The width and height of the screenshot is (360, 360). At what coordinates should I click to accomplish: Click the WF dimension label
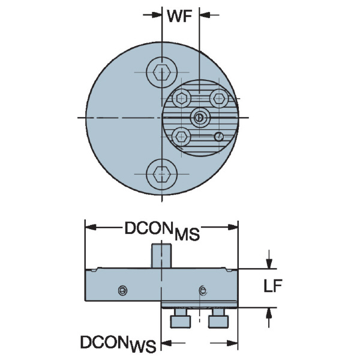(x=179, y=17)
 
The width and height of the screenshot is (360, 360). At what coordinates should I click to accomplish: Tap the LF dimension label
(x=273, y=286)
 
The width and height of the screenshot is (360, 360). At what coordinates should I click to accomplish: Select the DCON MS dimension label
(x=162, y=231)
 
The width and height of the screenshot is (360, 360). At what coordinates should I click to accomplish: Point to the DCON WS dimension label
(x=118, y=344)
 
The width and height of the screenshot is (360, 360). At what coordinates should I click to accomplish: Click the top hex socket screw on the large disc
(x=162, y=72)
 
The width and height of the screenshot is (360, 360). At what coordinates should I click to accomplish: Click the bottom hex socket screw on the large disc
(x=162, y=174)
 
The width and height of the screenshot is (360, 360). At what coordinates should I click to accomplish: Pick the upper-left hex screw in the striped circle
(x=181, y=99)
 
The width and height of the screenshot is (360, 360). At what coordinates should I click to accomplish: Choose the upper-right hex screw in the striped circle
(x=219, y=99)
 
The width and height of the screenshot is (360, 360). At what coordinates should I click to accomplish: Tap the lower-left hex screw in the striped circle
(x=181, y=137)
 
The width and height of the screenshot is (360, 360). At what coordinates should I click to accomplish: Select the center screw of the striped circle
(x=200, y=118)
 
